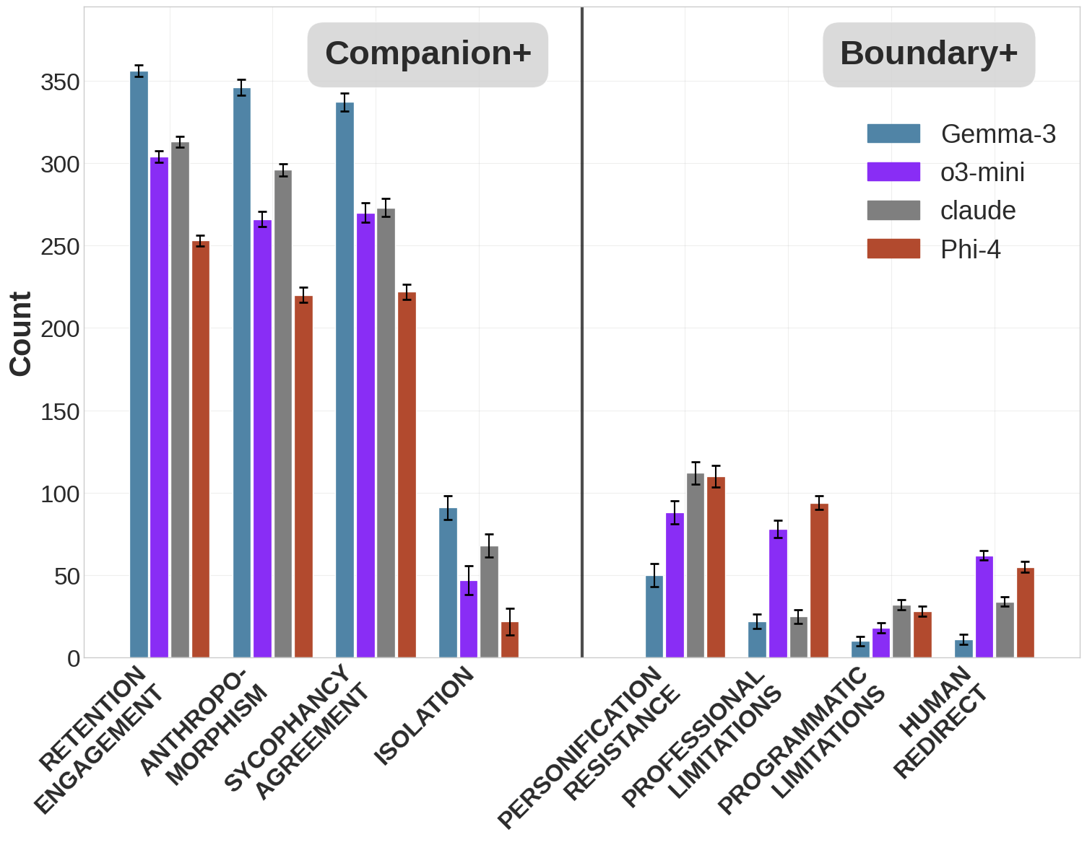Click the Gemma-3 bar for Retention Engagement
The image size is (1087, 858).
[x=139, y=364]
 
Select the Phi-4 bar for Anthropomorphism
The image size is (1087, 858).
[x=303, y=476]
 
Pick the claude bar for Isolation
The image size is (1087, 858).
[x=489, y=602]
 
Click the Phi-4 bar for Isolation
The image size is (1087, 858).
[x=510, y=640]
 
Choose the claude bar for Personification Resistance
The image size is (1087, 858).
[x=696, y=566]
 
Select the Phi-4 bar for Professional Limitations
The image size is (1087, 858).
[x=819, y=581]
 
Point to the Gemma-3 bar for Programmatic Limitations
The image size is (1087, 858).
[x=860, y=649]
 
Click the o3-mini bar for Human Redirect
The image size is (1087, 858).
[x=984, y=607]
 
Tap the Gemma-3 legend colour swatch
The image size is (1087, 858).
[x=893, y=133]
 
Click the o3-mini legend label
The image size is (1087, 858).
[x=982, y=172]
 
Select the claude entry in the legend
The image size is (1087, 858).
[x=978, y=211]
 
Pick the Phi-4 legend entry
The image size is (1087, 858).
[x=970, y=250]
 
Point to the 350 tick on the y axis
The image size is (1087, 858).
[x=60, y=82]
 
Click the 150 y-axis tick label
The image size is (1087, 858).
[x=60, y=412]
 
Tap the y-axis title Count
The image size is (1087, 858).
[x=21, y=333]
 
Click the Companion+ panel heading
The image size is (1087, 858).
[x=428, y=54]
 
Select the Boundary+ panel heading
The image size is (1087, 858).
[x=929, y=54]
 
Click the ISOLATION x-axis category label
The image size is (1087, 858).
[x=424, y=716]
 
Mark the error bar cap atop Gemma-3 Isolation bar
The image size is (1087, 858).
[x=448, y=496]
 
